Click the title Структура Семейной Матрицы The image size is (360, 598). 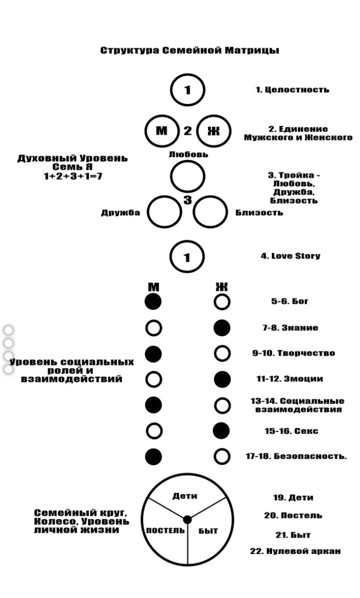click(189, 51)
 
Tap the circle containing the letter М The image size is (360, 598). click(161, 131)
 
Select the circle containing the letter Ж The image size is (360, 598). click(213, 131)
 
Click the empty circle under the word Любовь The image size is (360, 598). click(187, 176)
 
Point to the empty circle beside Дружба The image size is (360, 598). click(165, 212)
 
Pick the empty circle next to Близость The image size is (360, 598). click(210, 212)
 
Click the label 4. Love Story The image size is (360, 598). click(290, 256)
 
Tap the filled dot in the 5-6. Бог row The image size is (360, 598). click(153, 302)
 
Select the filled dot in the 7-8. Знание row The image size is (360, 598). click(222, 328)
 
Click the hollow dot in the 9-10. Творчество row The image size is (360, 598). click(222, 354)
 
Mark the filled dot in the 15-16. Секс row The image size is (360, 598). click(222, 431)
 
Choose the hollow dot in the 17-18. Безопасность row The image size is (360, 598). click(222, 456)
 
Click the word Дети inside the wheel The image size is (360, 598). click(184, 496)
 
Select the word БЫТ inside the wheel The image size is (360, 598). click(208, 531)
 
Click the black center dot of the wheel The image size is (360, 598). click(187, 519)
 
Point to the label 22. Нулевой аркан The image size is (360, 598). click(295, 551)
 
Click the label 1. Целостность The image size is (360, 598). click(292, 90)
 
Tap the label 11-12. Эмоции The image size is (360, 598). click(289, 379)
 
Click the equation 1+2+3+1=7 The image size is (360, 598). click(72, 176)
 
